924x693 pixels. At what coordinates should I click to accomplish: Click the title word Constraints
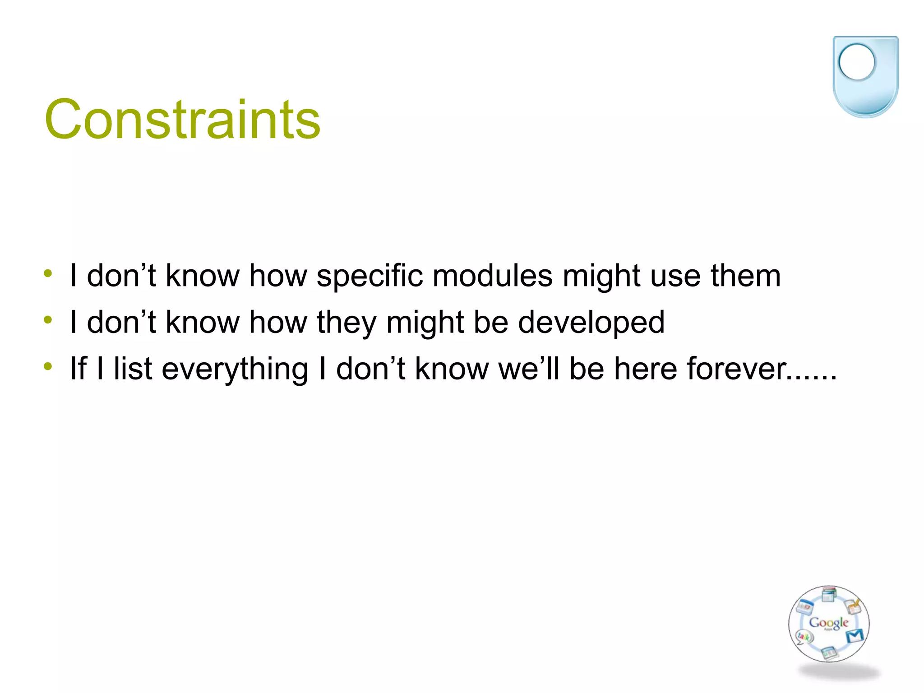182,120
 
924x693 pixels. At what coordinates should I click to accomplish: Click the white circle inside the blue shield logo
856,62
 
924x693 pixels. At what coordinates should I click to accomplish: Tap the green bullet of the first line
48,273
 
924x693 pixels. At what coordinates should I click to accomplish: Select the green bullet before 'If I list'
48,366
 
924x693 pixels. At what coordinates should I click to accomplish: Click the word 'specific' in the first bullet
370,276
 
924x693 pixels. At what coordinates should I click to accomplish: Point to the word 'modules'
492,276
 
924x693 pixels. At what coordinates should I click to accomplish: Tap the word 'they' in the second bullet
346,323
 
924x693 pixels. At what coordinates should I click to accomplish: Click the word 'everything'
235,369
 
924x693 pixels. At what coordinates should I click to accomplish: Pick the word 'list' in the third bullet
133,369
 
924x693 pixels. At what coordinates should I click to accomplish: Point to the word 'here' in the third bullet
646,369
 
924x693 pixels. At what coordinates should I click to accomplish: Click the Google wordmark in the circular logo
829,623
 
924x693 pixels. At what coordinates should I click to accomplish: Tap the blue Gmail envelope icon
855,636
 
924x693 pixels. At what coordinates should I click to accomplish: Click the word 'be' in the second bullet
491,323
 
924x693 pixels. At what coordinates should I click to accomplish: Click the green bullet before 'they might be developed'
48,320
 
